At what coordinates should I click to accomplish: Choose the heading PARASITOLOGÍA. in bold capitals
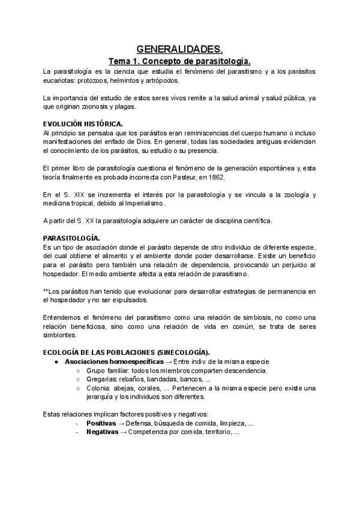tap(72, 238)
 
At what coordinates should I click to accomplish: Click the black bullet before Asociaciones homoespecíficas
tap(56, 361)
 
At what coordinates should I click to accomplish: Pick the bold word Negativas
tap(102, 432)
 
